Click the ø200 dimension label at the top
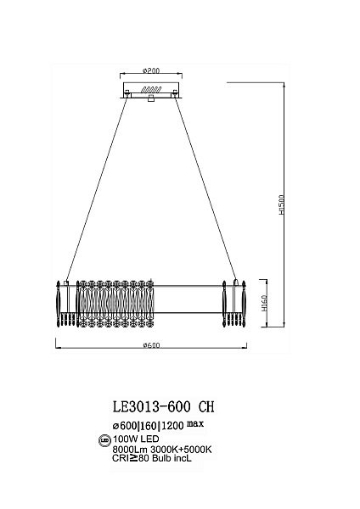151,70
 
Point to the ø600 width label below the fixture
151,345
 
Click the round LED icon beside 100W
104,440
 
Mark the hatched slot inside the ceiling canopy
151,88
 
